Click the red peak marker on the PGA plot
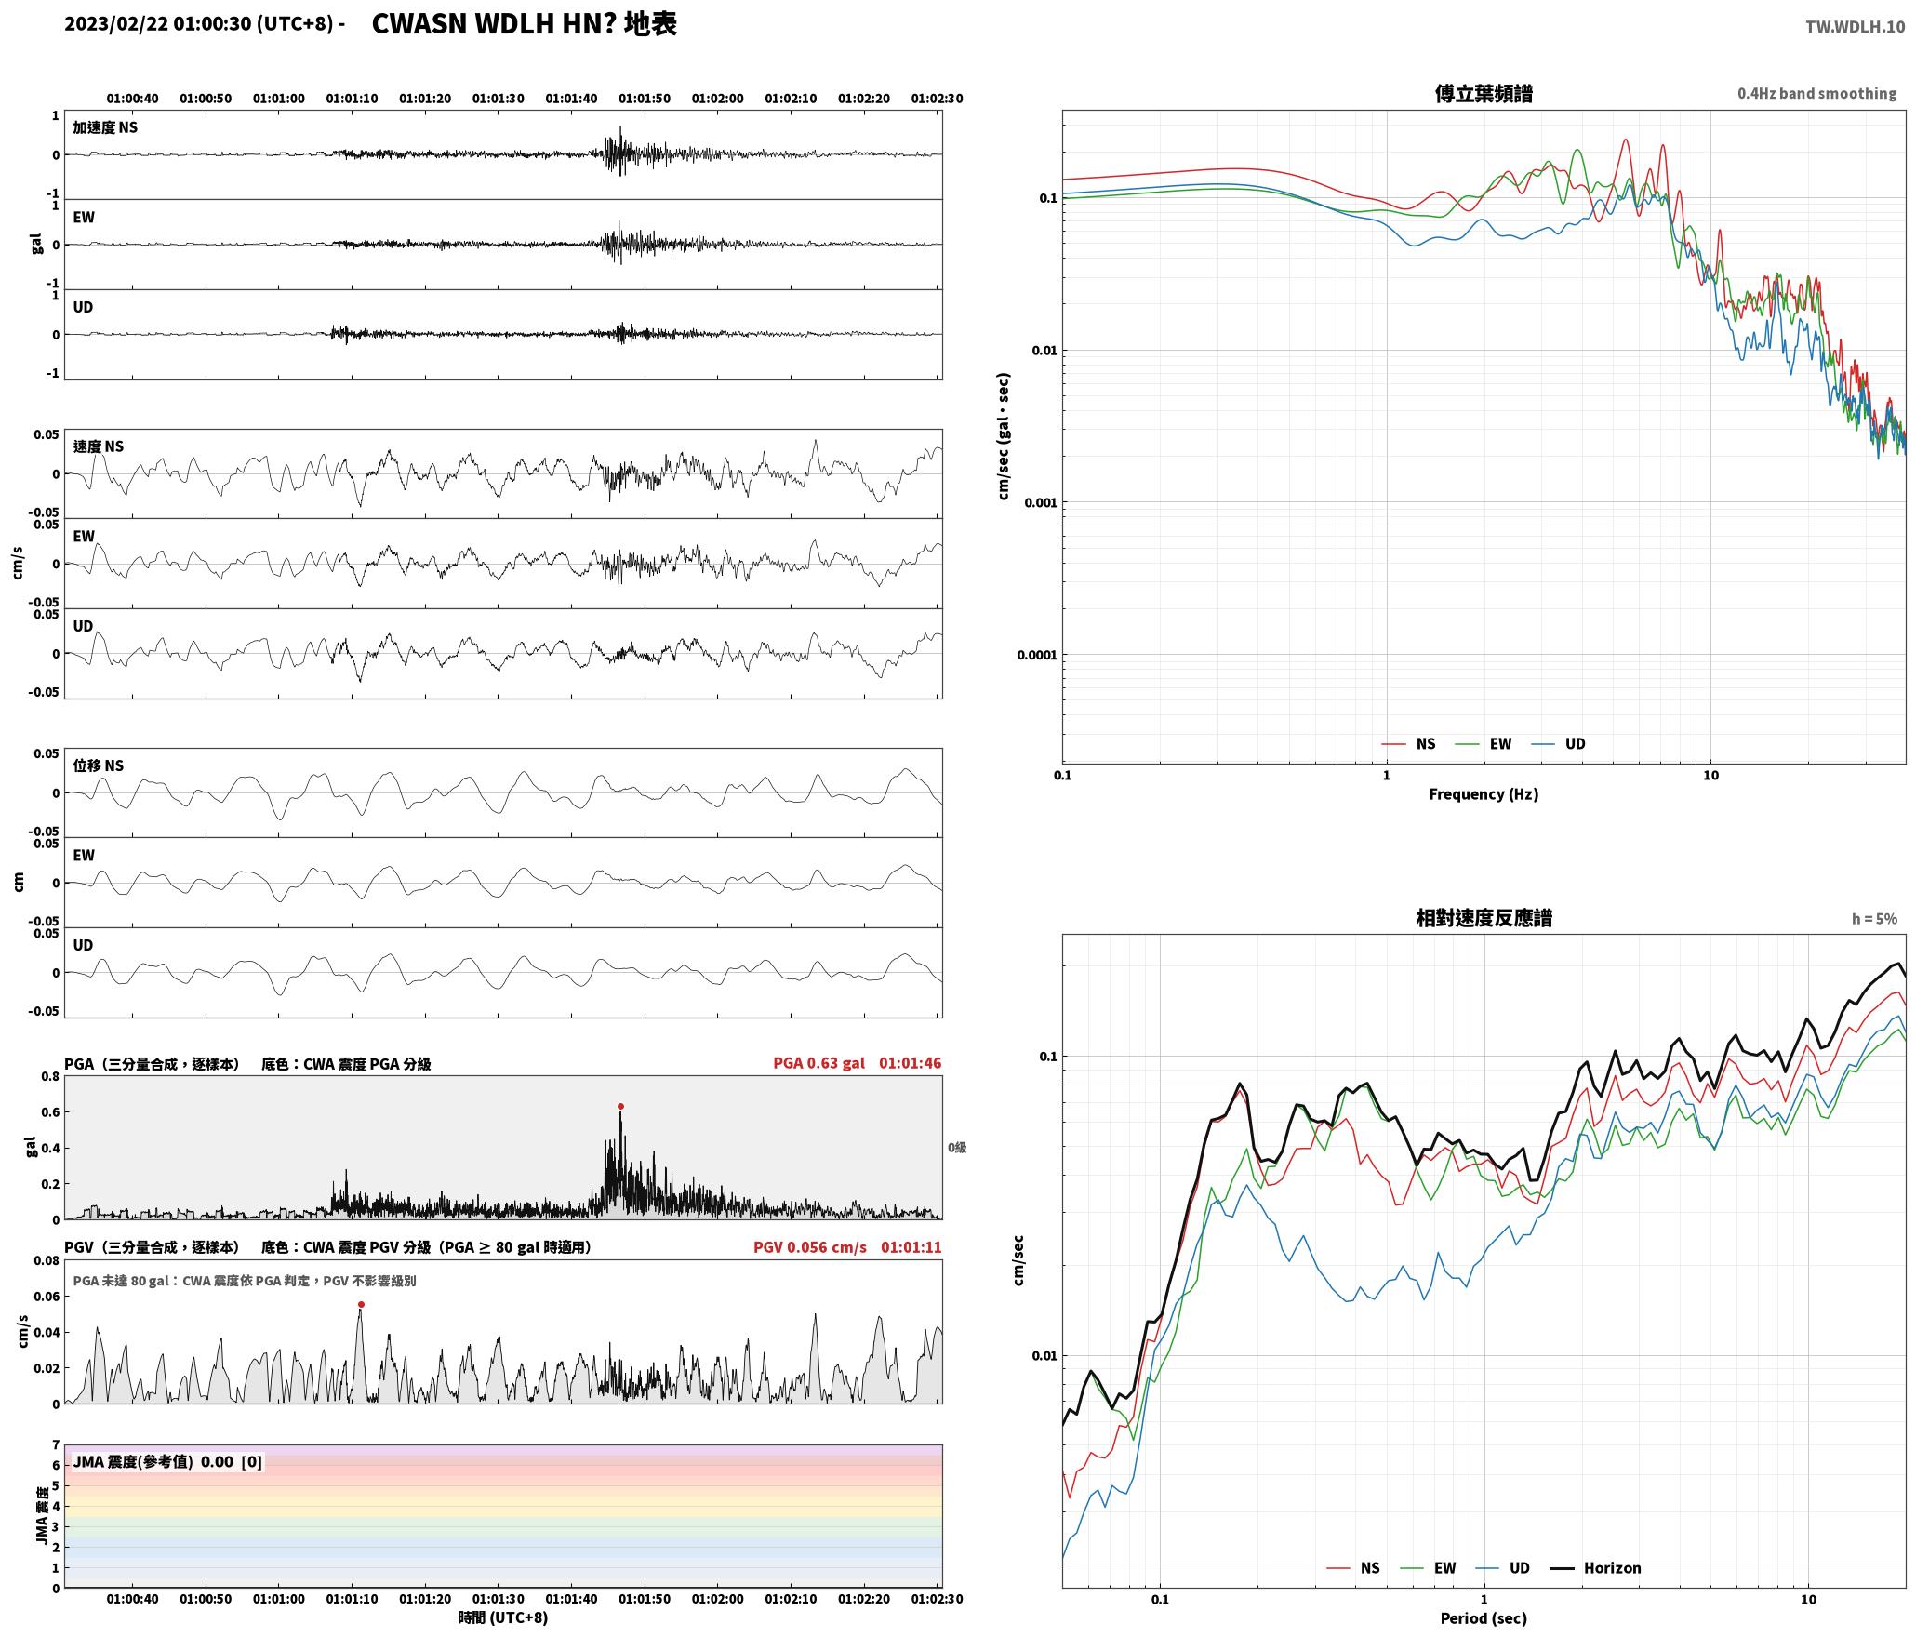click(x=620, y=1107)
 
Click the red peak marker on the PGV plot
click(x=361, y=1305)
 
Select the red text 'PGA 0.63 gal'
click(x=818, y=1063)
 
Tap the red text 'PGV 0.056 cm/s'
click(x=809, y=1247)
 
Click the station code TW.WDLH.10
click(x=1855, y=27)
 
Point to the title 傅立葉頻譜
click(x=1484, y=94)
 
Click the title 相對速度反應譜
click(x=1484, y=918)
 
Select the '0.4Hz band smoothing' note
click(x=1816, y=94)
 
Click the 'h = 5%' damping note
click(x=1873, y=919)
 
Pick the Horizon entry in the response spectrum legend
click(x=1595, y=1568)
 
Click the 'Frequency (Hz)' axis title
click(x=1484, y=794)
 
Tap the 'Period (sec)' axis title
click(x=1484, y=1618)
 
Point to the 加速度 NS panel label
click(x=105, y=127)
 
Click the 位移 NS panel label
click(x=99, y=765)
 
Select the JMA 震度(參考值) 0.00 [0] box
click(x=167, y=1462)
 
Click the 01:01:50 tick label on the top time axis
click(x=645, y=99)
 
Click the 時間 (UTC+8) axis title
click(x=503, y=1617)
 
